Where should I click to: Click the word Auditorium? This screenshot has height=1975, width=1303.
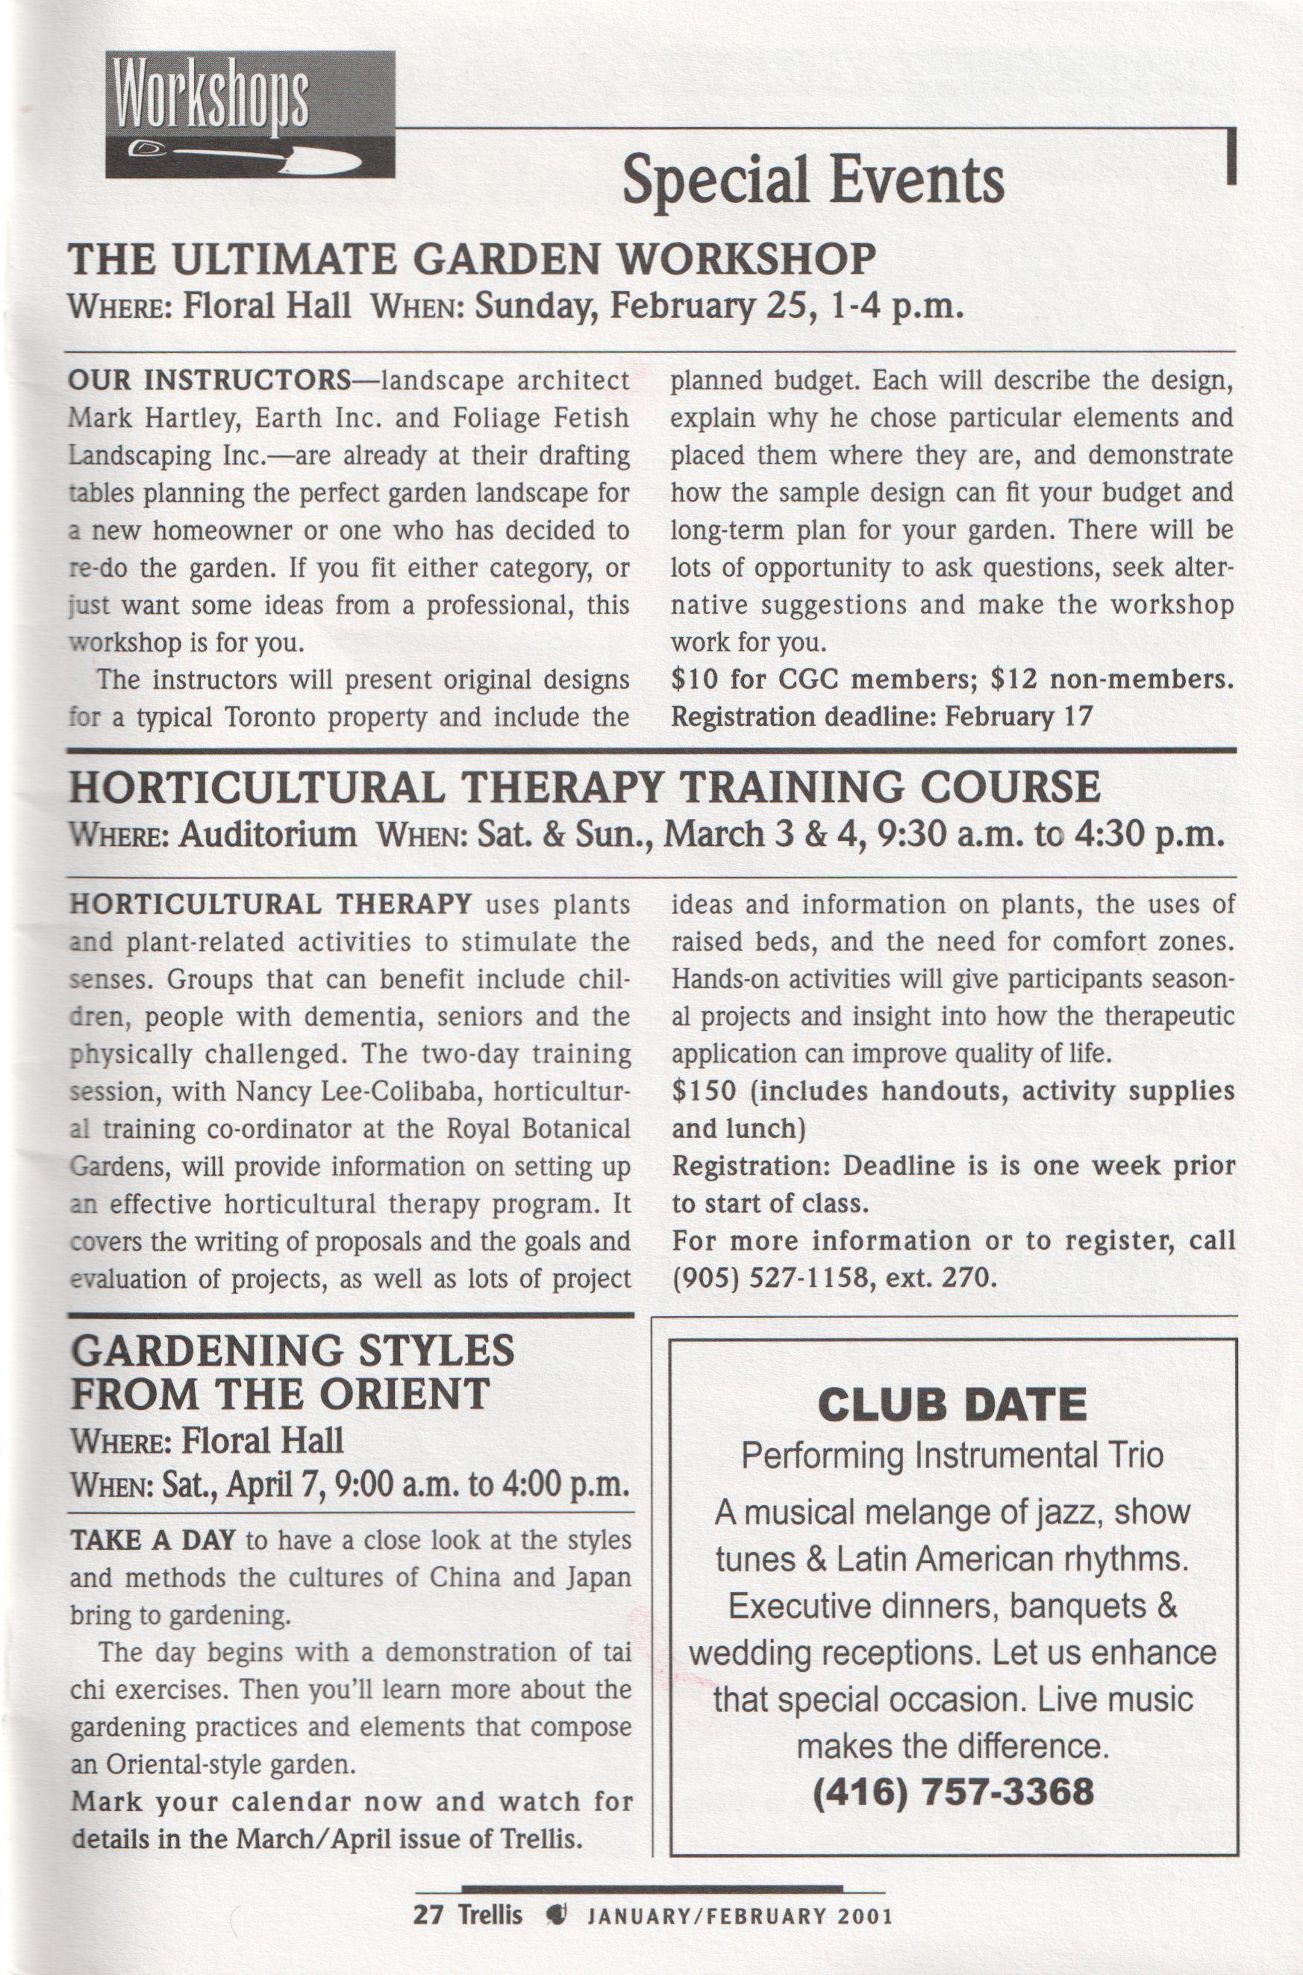click(268, 834)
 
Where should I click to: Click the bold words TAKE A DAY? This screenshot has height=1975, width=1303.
click(154, 1539)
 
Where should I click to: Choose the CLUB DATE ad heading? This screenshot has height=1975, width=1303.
click(952, 1404)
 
